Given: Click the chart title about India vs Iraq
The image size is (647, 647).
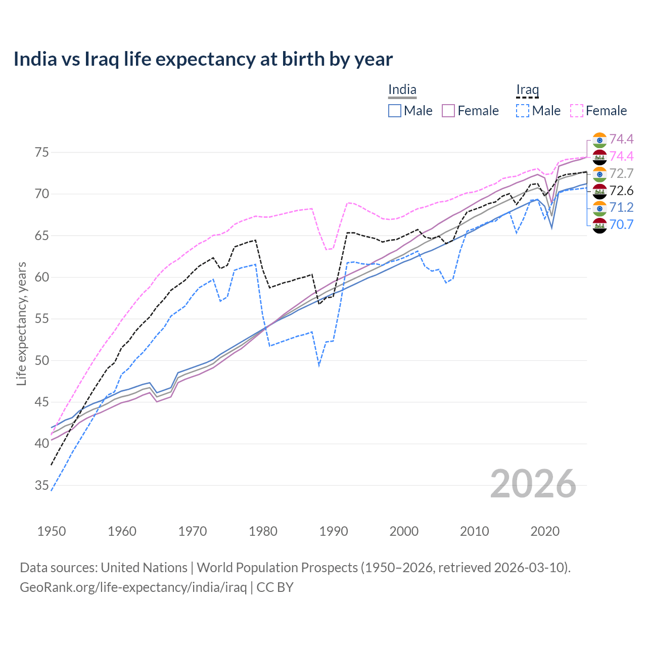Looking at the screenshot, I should click(x=203, y=59).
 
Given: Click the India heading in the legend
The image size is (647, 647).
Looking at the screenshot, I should click(x=402, y=90).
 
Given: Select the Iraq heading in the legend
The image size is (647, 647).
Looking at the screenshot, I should click(x=527, y=90).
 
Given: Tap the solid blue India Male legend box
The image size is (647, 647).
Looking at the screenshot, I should click(x=395, y=111).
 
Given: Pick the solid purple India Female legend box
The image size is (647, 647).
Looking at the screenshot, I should click(x=449, y=111).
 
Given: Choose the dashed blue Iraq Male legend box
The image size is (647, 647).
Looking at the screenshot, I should click(x=523, y=111).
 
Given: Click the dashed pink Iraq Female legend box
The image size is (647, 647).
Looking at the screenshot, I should click(x=577, y=111).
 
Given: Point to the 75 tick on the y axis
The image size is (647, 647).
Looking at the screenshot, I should click(x=42, y=153).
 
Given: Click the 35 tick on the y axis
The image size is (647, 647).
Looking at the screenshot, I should click(x=42, y=486).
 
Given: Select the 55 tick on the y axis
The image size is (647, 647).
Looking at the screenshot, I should click(x=42, y=319).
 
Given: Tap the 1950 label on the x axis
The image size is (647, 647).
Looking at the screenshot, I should click(x=52, y=531).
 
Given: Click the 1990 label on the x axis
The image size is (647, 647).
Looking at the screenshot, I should click(x=334, y=531).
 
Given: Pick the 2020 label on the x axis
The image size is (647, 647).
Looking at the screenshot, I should click(x=545, y=531).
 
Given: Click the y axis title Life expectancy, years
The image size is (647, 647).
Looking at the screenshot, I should click(x=22, y=323).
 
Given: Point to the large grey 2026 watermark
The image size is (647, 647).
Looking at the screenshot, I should click(x=533, y=484).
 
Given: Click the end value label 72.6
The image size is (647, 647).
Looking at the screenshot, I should click(x=621, y=191).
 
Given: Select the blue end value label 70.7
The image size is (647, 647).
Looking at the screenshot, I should click(x=621, y=224).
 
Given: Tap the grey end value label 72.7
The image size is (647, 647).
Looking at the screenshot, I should click(x=621, y=173).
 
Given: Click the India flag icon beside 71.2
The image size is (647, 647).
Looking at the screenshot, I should click(x=599, y=208).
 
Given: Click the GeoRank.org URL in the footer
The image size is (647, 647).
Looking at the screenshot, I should click(x=133, y=587).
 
